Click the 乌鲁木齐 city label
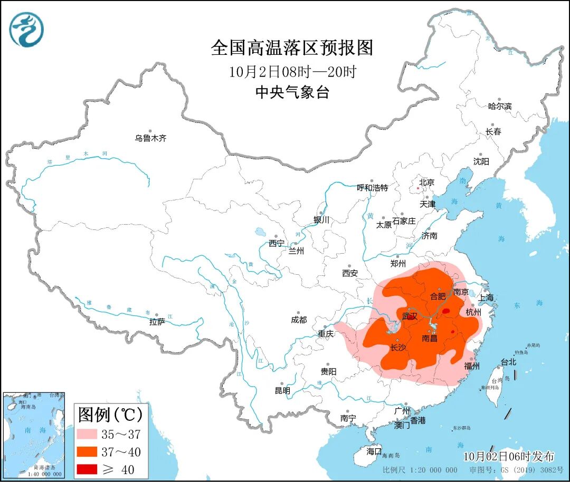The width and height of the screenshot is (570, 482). (150, 138)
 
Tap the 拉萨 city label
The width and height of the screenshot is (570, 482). (157, 321)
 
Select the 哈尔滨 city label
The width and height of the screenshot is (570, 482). (499, 106)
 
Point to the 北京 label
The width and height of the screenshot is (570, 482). (426, 182)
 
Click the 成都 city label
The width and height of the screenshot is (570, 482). (298, 320)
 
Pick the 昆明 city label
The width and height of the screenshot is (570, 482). (282, 391)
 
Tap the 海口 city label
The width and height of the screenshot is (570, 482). (374, 451)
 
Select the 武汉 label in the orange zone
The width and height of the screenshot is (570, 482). (410, 316)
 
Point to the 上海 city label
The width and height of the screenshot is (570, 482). (486, 297)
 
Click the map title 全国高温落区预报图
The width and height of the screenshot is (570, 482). (292, 48)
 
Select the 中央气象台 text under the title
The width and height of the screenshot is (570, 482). (292, 93)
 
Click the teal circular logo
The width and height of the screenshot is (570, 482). (26, 29)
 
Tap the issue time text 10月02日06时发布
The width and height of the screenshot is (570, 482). (509, 456)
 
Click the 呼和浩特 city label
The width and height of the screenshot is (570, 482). (372, 188)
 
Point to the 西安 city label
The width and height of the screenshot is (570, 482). (349, 273)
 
